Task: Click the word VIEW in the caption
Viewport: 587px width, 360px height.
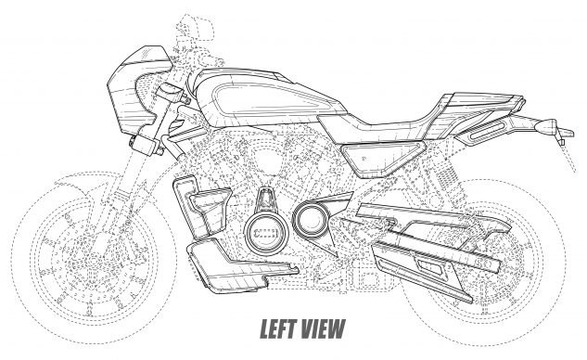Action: pos(323,328)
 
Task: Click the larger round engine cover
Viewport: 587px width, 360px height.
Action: pos(266,232)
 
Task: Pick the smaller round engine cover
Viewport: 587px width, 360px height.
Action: pos(311,220)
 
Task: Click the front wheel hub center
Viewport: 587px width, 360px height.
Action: pos(94,259)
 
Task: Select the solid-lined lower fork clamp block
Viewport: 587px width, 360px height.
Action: pos(144,143)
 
